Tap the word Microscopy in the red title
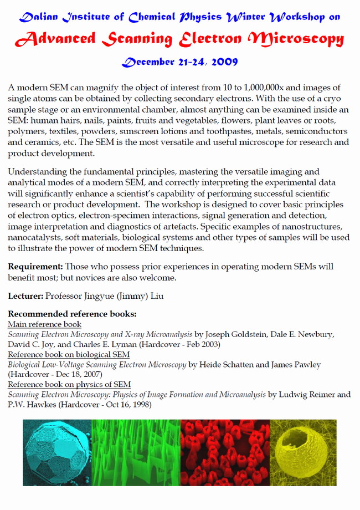point(296,39)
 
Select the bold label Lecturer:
point(25,296)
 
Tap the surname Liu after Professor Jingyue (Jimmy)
point(156,296)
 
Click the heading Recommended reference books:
point(72,314)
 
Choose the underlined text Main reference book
point(44,324)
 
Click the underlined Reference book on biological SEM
point(69,354)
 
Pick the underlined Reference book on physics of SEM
point(69,384)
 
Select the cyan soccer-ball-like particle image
point(56,452)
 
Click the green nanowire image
point(135,452)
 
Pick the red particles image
point(224,452)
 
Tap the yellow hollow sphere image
point(303,452)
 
